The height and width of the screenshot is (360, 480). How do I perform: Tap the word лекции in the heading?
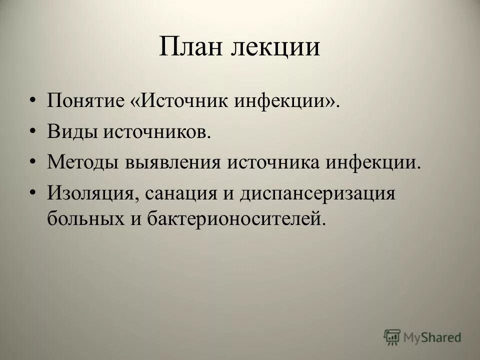[x=275, y=48]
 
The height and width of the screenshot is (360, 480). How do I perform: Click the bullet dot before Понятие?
[x=32, y=102]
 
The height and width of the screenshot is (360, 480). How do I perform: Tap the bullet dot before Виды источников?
[x=32, y=132]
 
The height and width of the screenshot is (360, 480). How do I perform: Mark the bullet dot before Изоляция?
[x=32, y=193]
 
